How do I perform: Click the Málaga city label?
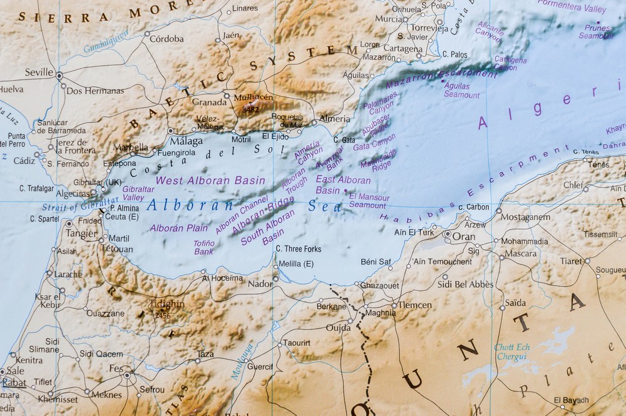coord(187,141)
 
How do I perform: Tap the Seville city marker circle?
coord(59,76)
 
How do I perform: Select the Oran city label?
coord(464,237)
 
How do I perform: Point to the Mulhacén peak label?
coord(253,98)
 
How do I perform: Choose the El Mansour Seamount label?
coord(369,201)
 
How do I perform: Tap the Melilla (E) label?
coord(295,263)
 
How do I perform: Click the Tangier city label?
coord(83,233)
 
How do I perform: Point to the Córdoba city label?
coord(167,39)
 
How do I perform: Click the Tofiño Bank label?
coord(203,247)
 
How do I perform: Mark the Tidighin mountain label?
coord(167,304)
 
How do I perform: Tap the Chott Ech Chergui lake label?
coord(512,352)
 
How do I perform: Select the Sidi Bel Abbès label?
coord(465,284)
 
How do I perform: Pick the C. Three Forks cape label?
coord(299,249)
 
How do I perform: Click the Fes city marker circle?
coord(127,375)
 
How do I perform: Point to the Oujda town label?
coord(339,327)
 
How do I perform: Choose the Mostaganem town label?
coord(525,217)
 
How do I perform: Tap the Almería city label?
coord(334,118)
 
